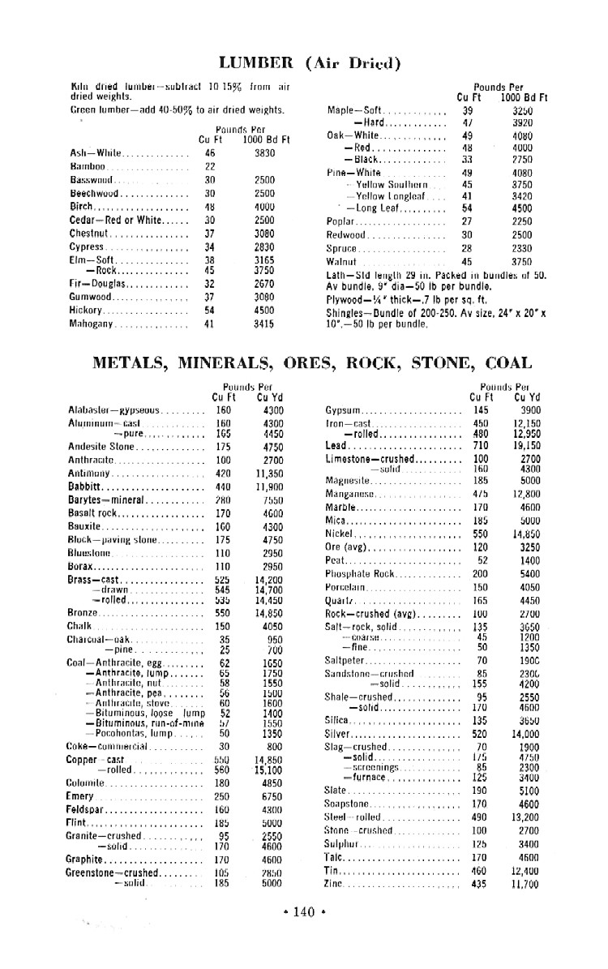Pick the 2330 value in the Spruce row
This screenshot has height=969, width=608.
coord(521,248)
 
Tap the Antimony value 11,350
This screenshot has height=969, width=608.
coord(268,473)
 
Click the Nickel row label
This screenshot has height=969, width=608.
coord(340,534)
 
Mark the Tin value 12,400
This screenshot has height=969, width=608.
coord(526,871)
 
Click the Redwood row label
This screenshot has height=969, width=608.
coord(348,234)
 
